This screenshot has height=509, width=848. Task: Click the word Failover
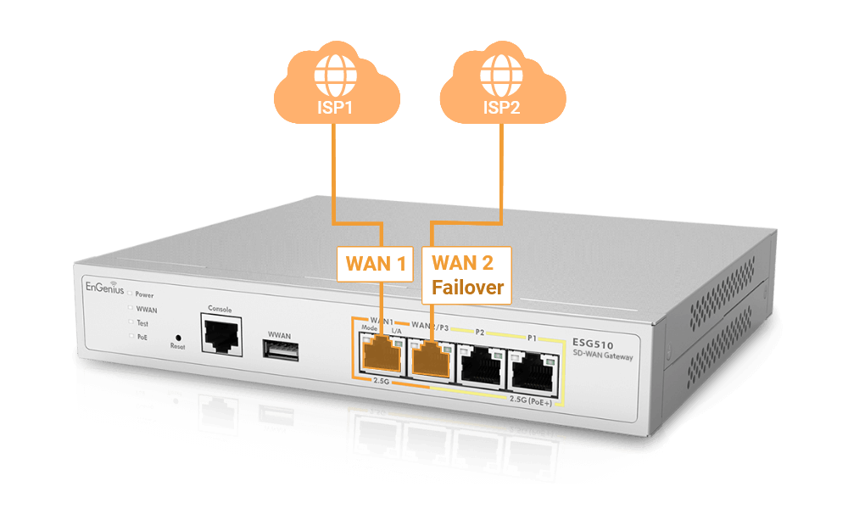tap(468, 288)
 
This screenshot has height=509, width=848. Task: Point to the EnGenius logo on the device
tap(102, 288)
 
